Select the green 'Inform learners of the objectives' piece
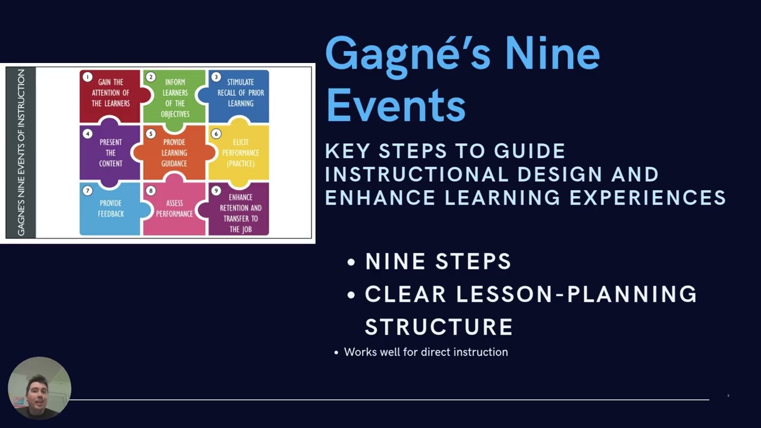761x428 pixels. point(175,96)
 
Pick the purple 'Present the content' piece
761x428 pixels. point(111,153)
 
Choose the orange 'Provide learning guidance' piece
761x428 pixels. point(174,153)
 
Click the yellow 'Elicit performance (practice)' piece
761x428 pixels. point(240,153)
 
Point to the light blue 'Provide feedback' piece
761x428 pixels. point(111,209)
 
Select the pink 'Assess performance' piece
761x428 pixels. point(174,209)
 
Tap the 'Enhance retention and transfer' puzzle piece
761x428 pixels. point(240,213)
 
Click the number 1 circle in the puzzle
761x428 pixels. point(87,77)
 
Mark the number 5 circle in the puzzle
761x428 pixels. point(151,134)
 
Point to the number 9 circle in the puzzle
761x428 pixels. point(216,191)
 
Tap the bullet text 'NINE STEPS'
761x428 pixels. point(438,262)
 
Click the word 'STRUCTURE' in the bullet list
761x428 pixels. point(439,327)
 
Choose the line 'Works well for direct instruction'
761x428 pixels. point(426,352)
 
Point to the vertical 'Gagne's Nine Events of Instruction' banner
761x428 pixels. point(21,152)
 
